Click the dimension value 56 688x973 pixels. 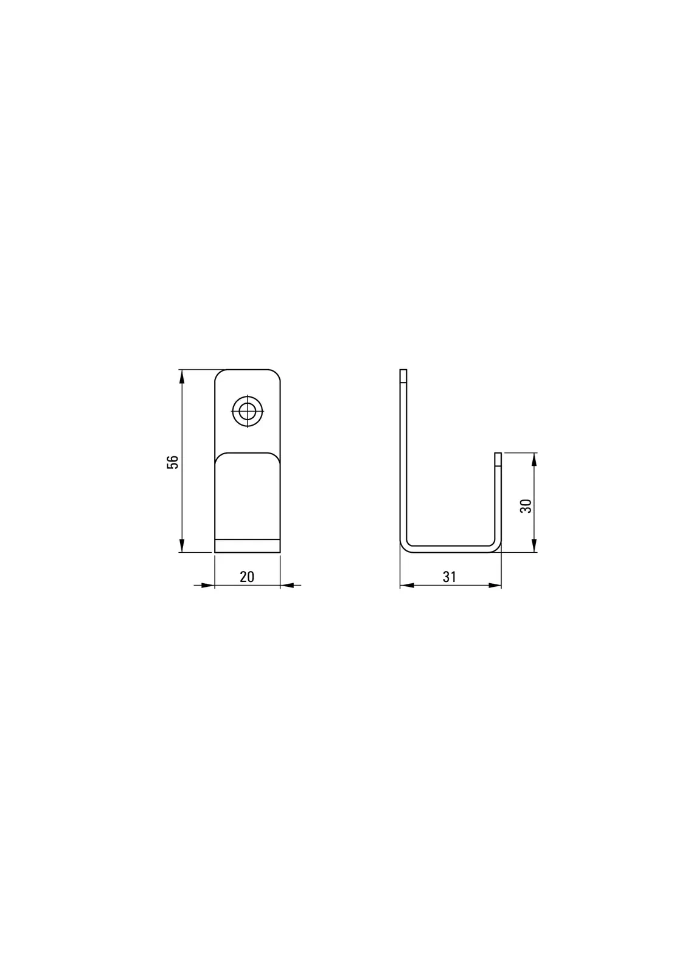click(x=173, y=462)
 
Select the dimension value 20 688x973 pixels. click(x=247, y=577)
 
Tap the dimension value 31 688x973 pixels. click(x=450, y=577)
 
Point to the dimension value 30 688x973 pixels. click(x=526, y=505)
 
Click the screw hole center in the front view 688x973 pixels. click(x=248, y=410)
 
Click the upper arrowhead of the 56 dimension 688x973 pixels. click(x=182, y=376)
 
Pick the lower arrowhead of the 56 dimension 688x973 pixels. click(x=182, y=545)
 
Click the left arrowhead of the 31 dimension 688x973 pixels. click(x=407, y=586)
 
